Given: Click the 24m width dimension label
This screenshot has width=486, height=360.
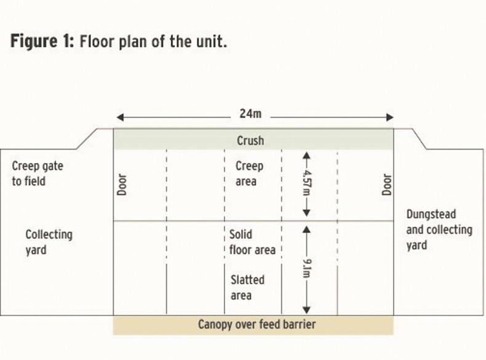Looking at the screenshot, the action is (x=250, y=114).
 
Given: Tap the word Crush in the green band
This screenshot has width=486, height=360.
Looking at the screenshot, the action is (x=250, y=140).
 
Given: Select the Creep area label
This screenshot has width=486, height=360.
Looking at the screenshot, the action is (x=249, y=174).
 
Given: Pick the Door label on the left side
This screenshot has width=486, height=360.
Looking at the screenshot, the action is (x=122, y=185).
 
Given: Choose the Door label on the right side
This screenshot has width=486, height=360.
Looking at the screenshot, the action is (x=386, y=185).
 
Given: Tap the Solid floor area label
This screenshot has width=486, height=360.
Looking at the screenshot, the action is (x=252, y=242).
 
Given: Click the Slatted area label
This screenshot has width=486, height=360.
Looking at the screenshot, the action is (x=247, y=287).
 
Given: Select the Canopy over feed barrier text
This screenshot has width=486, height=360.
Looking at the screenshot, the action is (x=257, y=324).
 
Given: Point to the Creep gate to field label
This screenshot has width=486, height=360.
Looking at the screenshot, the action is (x=38, y=174).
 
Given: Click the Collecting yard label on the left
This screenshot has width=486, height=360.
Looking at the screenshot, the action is (x=49, y=242).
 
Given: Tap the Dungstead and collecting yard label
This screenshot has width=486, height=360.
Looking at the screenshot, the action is (x=439, y=230).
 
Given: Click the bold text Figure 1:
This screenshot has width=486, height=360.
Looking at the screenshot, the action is (x=42, y=41).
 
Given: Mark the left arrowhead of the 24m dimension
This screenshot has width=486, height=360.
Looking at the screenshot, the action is (x=120, y=117).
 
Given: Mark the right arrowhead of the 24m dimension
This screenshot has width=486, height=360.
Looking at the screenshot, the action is (x=390, y=117).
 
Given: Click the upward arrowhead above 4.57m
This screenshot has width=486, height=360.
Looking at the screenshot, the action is (x=306, y=155).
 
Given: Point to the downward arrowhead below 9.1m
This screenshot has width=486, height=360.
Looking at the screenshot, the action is (x=306, y=310).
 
